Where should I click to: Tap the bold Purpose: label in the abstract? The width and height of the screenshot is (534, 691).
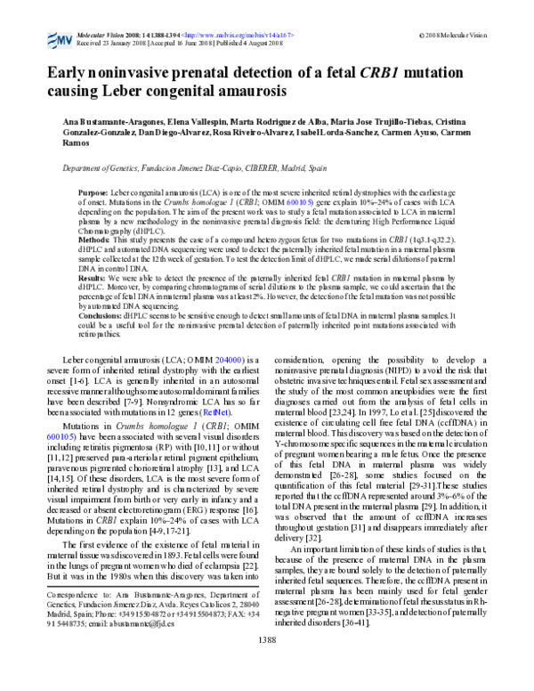93,192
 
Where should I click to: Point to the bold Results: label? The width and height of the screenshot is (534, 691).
93,278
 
